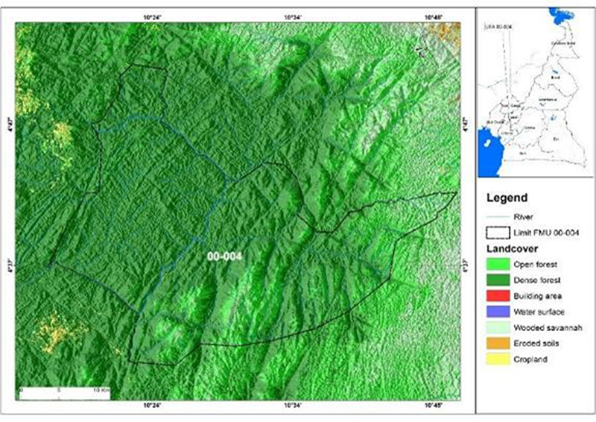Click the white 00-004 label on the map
(x=224, y=255)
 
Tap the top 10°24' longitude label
(x=152, y=16)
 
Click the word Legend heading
(x=507, y=198)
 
